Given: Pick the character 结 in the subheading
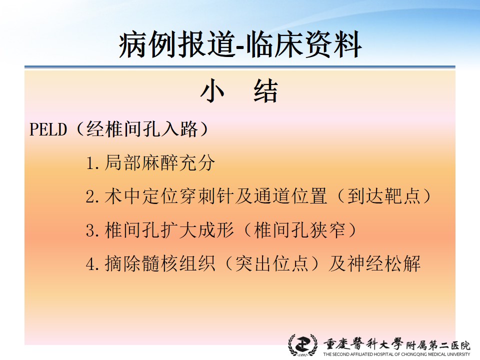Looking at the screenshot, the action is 266,91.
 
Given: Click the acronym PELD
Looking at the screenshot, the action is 48,129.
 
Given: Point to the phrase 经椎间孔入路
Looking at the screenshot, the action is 142,129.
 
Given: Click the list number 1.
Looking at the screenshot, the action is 92,163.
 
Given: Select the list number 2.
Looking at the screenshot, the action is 92,196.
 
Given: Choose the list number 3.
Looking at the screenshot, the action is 92,230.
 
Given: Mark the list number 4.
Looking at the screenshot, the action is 92,264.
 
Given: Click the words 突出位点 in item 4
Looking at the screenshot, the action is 271,263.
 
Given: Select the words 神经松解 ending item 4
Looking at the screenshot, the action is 383,263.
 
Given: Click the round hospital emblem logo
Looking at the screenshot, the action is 303,345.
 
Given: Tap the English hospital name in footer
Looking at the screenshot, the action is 396,354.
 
